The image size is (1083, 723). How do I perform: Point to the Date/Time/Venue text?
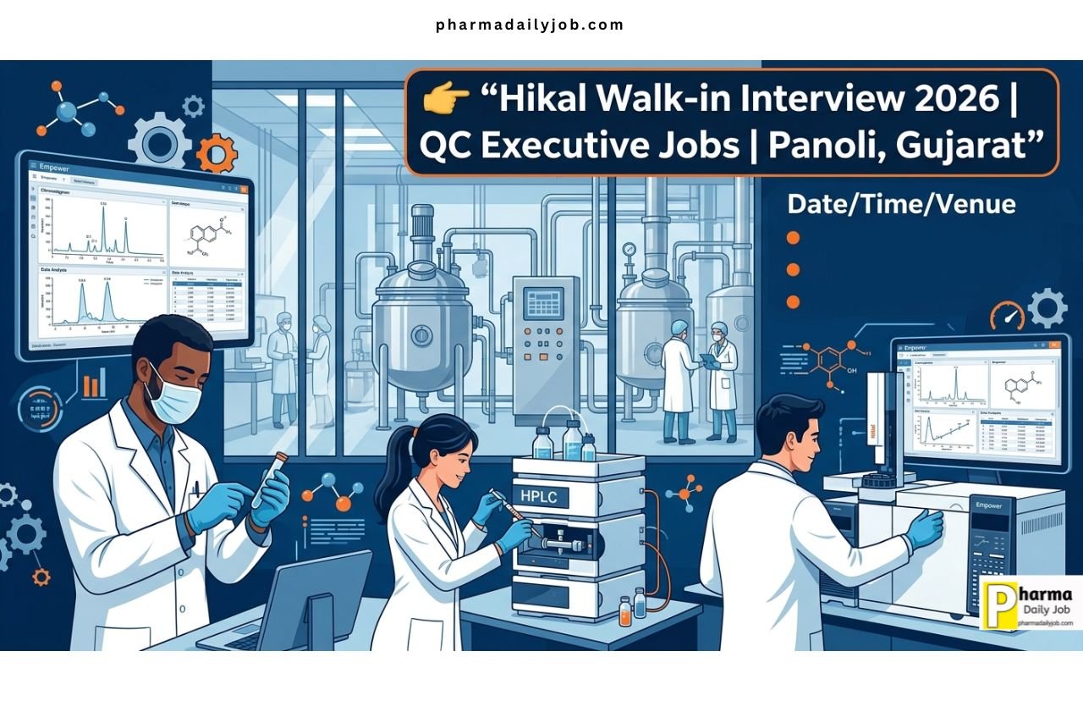901,203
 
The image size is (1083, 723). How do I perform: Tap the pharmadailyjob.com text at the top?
530,25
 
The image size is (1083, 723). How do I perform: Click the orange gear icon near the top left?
216,154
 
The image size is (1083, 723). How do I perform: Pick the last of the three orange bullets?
793,301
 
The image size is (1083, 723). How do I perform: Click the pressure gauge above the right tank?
629,251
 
